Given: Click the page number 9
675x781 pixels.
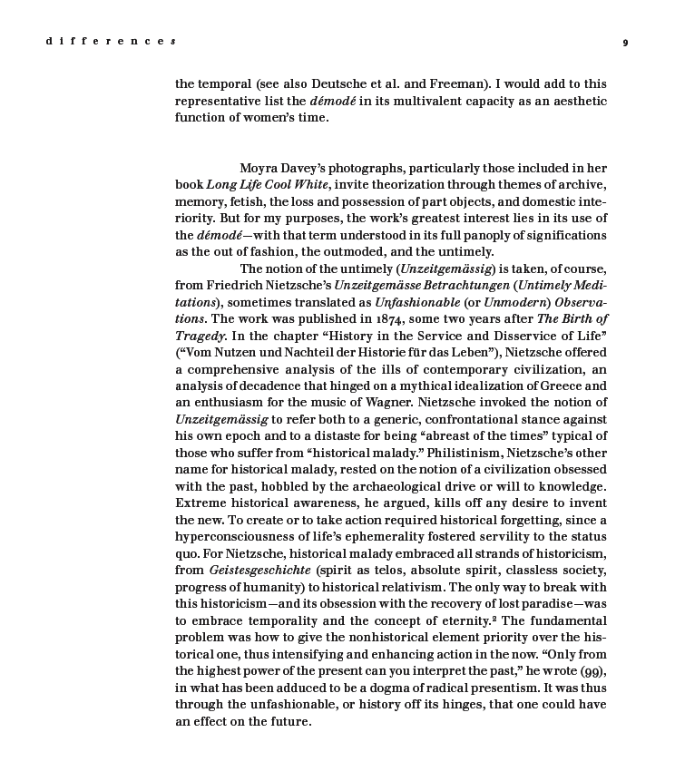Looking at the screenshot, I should pyautogui.click(x=626, y=42).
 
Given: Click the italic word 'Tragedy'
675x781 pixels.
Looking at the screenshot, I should pyautogui.click(x=201, y=336).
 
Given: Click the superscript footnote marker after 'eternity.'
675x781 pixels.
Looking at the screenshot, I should pyautogui.click(x=496, y=618).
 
